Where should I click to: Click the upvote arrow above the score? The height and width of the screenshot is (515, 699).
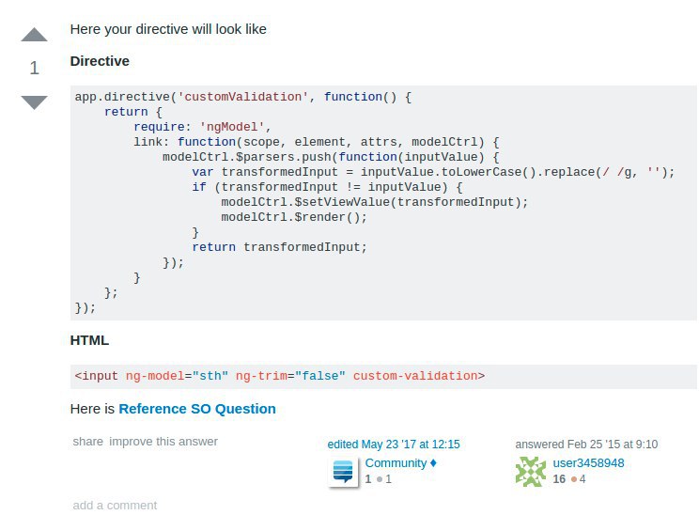pos(34,36)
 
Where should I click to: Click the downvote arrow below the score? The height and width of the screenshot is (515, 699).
pos(34,101)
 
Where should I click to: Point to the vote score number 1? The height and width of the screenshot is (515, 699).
pos(35,69)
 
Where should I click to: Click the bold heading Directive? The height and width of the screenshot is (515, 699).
pos(100,61)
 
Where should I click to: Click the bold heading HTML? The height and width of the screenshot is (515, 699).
pos(89,340)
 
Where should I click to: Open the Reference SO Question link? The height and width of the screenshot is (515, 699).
pos(197,409)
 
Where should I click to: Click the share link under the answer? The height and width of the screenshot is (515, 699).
pos(88,442)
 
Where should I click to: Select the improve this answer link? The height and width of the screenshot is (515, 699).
pos(163,442)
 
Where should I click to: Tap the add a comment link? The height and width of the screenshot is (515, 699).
pos(115,506)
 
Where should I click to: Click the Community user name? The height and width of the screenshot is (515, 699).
pos(396,463)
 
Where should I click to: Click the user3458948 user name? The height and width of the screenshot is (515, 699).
pos(588,463)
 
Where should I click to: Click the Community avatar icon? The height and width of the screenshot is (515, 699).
pos(343,472)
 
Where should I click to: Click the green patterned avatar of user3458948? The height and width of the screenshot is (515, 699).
pos(531,472)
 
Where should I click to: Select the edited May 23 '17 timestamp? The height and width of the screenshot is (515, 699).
pos(394,445)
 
